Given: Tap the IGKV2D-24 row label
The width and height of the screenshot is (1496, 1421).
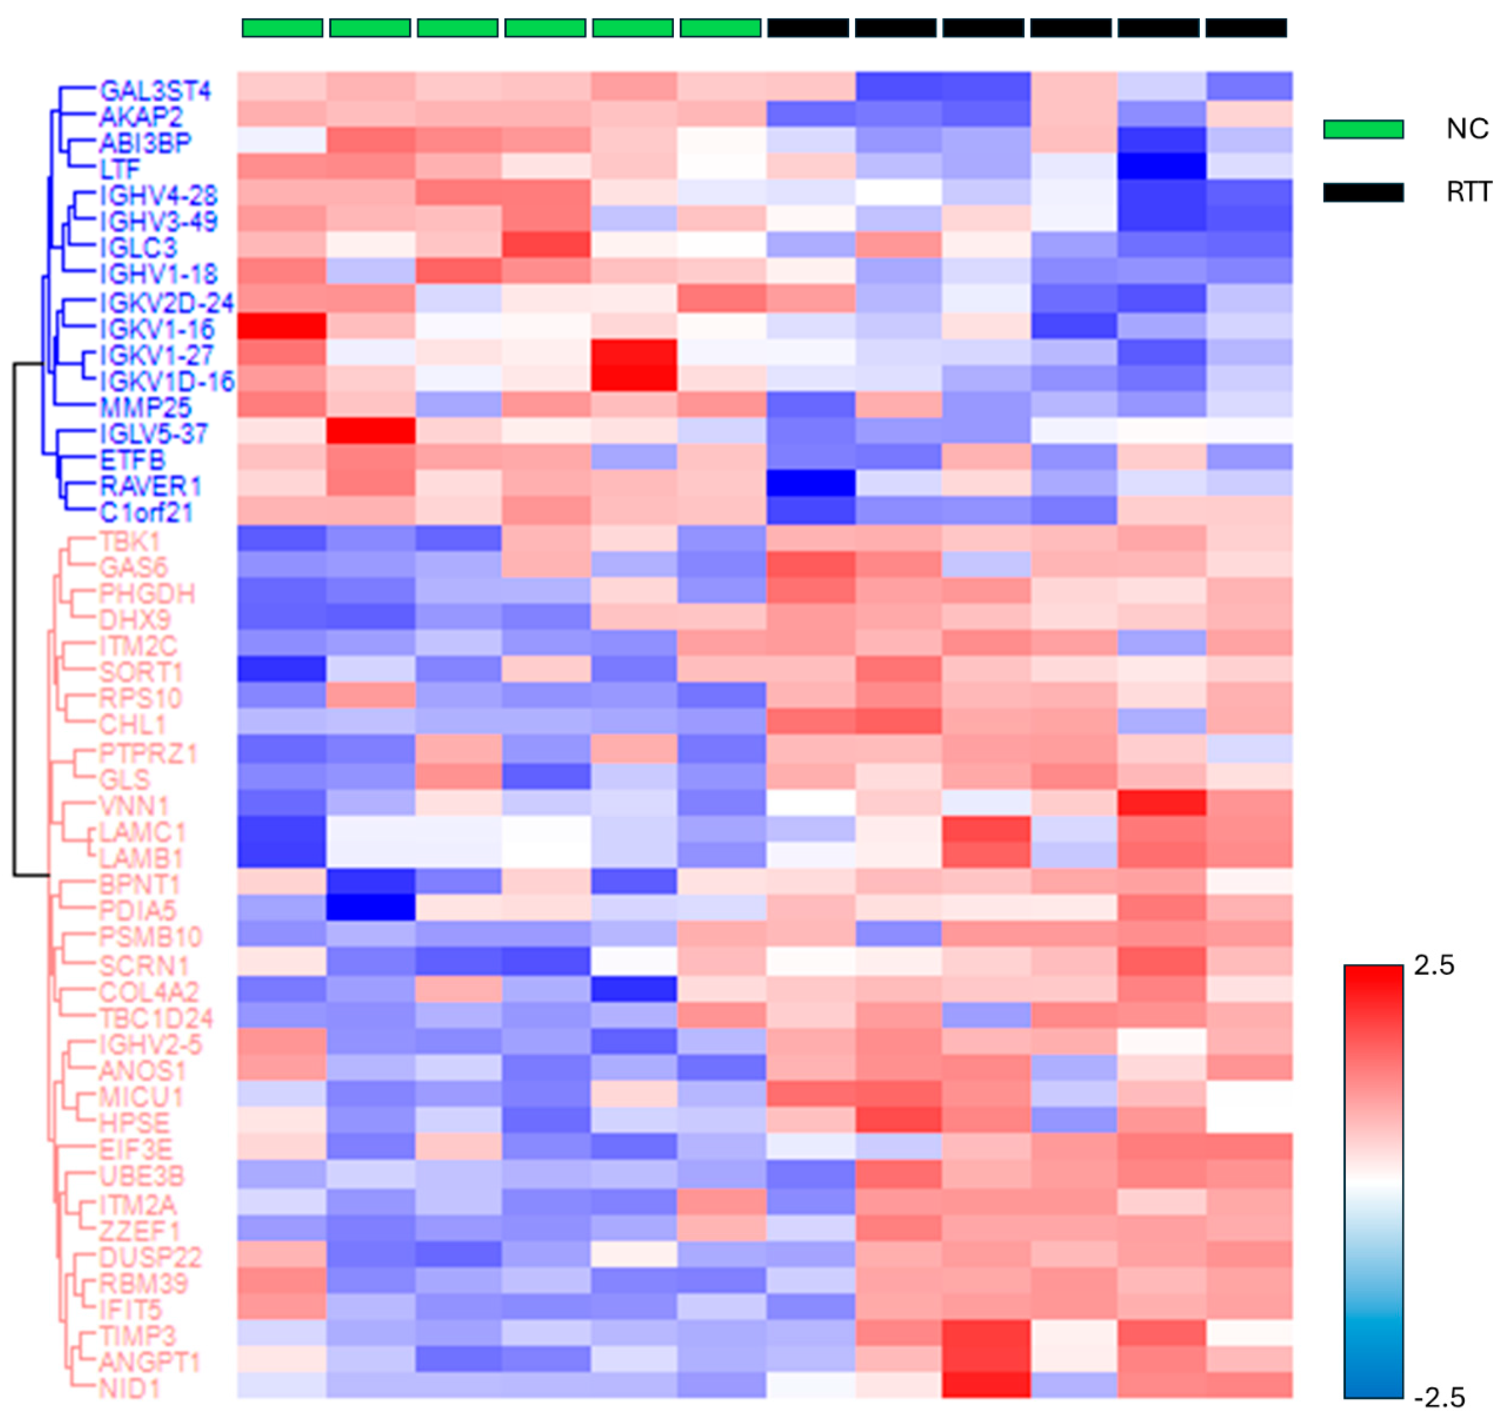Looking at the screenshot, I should click(x=166, y=303).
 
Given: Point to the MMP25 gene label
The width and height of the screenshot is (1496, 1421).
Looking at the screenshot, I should click(x=145, y=408).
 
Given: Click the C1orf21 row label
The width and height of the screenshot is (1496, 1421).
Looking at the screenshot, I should click(x=145, y=513).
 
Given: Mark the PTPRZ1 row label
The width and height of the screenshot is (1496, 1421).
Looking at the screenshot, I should click(x=148, y=753).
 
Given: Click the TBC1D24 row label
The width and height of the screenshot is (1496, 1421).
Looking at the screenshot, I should click(x=155, y=1017).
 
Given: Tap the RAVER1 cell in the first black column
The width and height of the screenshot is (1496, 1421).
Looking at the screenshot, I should click(x=810, y=483).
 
